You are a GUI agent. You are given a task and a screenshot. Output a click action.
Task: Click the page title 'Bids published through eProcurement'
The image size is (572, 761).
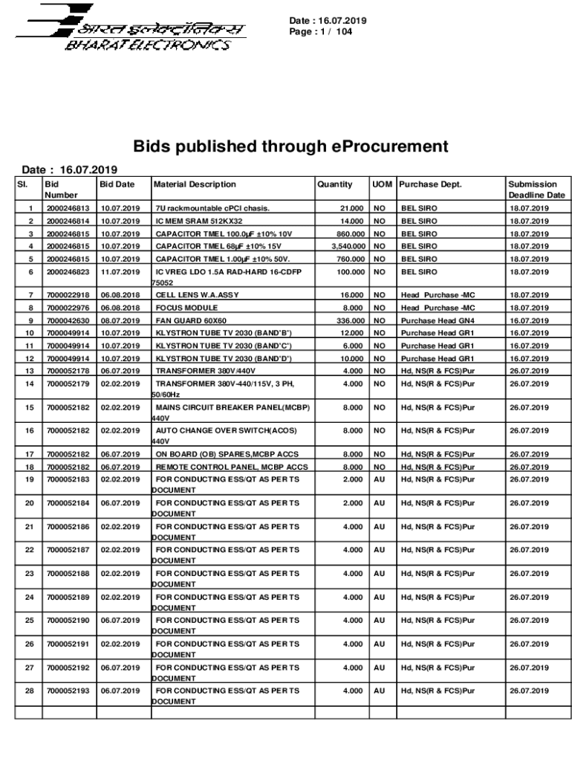coord(290,146)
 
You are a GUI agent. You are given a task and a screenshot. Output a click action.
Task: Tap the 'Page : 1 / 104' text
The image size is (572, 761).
coord(322,32)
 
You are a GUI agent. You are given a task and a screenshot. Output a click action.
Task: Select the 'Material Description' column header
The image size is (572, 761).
coord(195,184)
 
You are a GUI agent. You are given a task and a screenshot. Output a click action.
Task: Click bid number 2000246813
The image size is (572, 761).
coord(68,209)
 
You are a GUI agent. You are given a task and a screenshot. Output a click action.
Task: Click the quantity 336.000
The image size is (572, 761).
coord(348,320)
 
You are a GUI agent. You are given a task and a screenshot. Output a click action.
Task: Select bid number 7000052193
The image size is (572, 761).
coord(68,691)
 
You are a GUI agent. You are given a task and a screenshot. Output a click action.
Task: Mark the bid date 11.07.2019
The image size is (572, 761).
coord(120,272)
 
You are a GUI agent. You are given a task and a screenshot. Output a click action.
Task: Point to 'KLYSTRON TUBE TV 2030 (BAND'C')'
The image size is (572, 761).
coord(224,346)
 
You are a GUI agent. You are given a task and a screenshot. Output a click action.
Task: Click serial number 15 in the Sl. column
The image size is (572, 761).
coord(30,407)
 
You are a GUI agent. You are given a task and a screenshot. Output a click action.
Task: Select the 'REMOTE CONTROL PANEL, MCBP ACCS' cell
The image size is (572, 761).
coord(231,467)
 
